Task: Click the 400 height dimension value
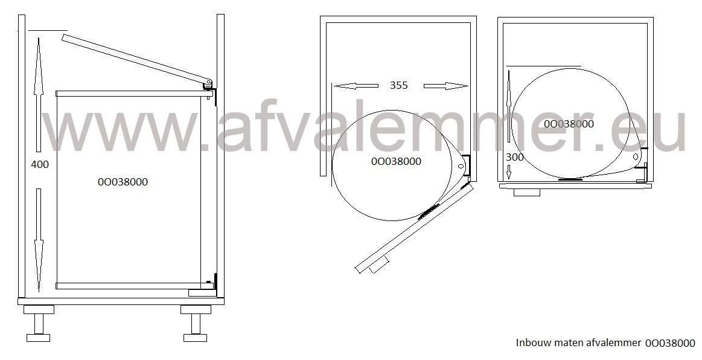(x=40, y=165)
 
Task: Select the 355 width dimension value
(x=398, y=85)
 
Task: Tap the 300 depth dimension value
(x=514, y=157)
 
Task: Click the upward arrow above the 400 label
(x=39, y=94)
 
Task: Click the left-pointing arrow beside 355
(x=356, y=86)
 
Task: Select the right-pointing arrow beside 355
(x=446, y=86)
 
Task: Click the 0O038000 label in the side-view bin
(x=123, y=182)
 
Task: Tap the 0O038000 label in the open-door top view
(x=396, y=161)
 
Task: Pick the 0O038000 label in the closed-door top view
(x=569, y=124)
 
